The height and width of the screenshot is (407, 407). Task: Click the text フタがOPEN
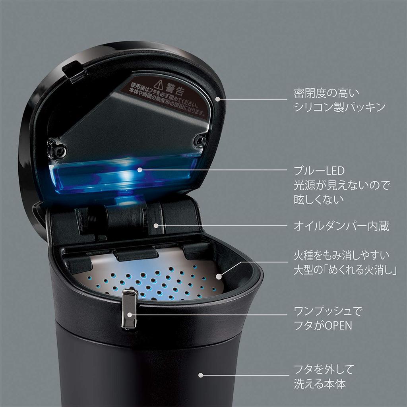click(x=323, y=326)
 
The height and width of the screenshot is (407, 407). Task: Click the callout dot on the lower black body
click(x=201, y=375)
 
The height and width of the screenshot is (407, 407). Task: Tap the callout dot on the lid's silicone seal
click(x=218, y=99)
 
